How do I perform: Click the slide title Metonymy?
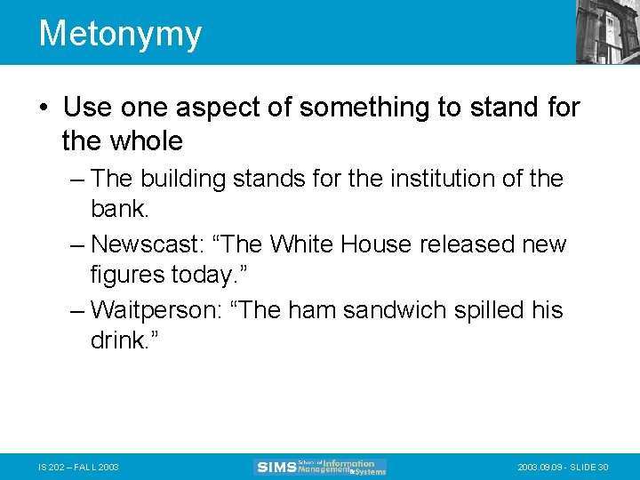tap(120, 34)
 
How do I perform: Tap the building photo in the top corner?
tap(607, 31)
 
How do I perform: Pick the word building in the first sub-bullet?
tap(180, 179)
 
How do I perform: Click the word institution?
tap(430, 179)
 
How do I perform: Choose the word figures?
tap(127, 276)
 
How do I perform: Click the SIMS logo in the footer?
tap(320, 467)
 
